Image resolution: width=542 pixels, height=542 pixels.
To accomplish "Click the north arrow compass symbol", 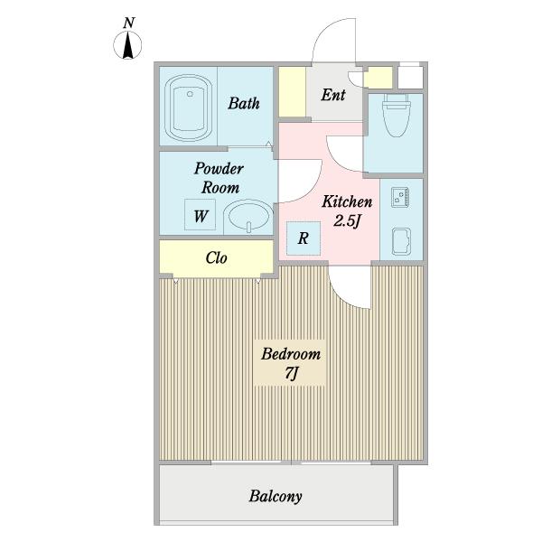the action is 127,45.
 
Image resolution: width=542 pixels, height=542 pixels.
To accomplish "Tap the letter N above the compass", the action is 128,23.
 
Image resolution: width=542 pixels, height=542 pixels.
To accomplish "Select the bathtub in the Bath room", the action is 189,107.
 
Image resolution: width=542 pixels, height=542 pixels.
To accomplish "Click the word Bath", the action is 244,103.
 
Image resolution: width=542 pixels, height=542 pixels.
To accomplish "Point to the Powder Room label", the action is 219,178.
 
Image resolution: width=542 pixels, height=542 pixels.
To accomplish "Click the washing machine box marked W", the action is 201,215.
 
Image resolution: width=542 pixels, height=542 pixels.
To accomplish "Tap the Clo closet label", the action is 217,257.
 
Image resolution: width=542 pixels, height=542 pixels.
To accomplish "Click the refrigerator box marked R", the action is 304,238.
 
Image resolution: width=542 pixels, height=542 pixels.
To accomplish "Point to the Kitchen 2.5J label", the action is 347,211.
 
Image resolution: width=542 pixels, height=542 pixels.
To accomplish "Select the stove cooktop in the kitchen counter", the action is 400,197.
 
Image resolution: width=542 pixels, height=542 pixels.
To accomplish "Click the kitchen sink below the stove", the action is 401,241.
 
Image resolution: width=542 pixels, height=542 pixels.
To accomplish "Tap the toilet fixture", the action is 397,115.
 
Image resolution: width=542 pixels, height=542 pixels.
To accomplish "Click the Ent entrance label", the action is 333,95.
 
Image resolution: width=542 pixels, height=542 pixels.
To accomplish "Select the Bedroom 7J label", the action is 290,363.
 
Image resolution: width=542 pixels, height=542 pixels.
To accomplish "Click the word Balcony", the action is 276,496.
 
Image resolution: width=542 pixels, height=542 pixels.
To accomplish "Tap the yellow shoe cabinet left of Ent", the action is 292,91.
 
